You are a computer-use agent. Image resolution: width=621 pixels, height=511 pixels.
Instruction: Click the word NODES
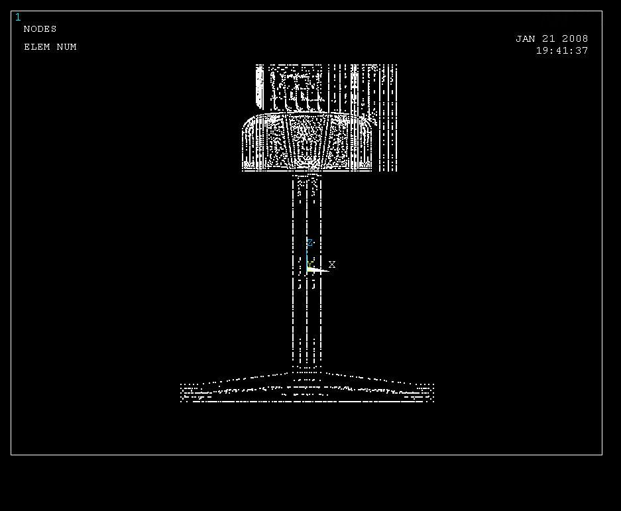pos(40,29)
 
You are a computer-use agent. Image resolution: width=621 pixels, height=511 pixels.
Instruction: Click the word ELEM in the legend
pos(37,47)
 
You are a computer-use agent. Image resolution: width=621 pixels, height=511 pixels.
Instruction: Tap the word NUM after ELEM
pos(66,47)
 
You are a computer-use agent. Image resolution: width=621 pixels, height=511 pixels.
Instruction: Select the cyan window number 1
pos(18,17)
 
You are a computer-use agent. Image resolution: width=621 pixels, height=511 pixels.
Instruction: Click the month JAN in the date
pos(525,39)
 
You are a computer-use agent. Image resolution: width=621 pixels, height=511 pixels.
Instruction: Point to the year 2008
pos(575,39)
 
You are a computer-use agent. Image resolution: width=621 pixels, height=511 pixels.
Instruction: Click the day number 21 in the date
pos(549,39)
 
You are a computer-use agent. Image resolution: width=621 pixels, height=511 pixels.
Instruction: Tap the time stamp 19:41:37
pos(562,51)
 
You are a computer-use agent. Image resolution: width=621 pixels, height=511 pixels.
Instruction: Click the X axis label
pos(332,264)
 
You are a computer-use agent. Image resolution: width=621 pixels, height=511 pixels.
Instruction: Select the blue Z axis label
pos(310,243)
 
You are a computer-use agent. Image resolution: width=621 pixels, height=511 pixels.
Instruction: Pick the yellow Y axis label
pos(310,264)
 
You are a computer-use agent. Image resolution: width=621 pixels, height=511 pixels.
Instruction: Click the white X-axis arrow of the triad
pos(318,270)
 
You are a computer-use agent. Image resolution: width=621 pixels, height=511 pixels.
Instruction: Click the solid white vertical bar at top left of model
pos(259,87)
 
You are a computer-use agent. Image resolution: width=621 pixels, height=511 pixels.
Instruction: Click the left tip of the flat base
pos(181,392)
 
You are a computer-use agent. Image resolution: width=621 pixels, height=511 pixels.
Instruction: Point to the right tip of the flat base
pos(433,392)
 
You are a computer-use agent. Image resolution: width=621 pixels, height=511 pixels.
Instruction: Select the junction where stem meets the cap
pos(307,174)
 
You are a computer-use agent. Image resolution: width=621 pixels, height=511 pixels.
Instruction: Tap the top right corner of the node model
pos(396,65)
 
